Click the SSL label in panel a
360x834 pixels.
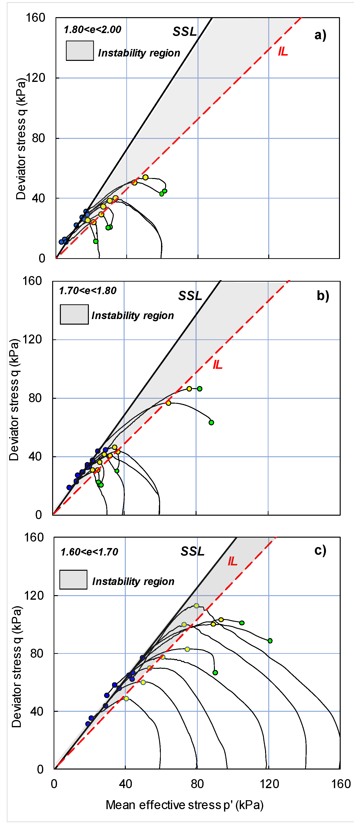pos(184,31)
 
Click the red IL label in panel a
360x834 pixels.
pos(283,51)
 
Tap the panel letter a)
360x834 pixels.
pos(320,35)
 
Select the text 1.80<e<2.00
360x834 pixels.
pos(92,29)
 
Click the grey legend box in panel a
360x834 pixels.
pos(80,50)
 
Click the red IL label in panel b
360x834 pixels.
pos(218,365)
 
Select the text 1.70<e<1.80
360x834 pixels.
pos(87,291)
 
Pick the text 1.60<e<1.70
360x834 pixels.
pos(89,552)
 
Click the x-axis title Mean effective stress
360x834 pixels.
pos(184,805)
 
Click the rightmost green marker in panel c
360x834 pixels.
pos(270,641)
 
